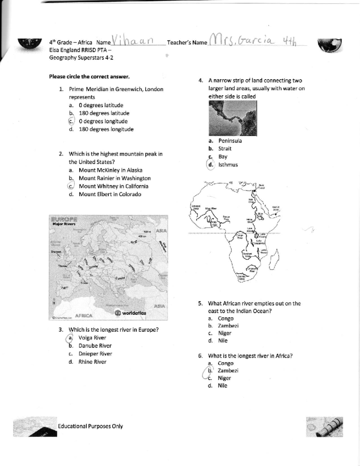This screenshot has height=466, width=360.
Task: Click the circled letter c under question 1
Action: tap(71, 121)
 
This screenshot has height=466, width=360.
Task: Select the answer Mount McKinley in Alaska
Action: tap(110, 170)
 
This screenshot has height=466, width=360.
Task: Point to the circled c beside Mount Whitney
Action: tap(71, 186)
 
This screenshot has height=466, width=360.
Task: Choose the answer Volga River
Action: tap(92, 338)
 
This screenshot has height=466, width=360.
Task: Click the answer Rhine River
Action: tap(92, 362)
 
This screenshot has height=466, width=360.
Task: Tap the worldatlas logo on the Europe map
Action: tap(130, 313)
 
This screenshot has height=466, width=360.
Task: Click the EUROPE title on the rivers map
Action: tap(64, 219)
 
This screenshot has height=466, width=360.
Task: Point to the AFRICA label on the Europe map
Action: tap(83, 316)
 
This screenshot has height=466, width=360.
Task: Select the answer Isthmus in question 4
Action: tap(228, 165)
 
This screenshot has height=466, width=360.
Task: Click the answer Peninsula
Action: tap(230, 141)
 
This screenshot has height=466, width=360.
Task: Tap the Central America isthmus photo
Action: tap(232, 118)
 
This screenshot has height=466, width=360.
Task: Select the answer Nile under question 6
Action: tap(222, 386)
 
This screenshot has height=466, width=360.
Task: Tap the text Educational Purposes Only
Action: tap(90, 426)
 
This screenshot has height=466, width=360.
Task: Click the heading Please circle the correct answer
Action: tap(89, 77)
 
